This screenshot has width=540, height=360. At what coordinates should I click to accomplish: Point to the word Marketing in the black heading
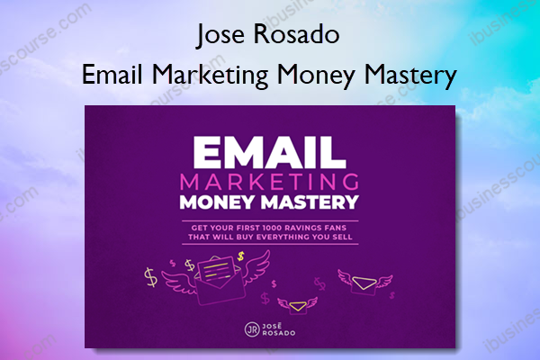click(211, 75)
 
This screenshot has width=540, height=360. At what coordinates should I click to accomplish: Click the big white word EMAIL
click(269, 153)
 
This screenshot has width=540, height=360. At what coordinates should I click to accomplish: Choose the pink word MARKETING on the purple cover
click(270, 182)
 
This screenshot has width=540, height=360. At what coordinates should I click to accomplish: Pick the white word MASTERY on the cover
click(310, 202)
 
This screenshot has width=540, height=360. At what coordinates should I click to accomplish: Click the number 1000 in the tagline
click(272, 228)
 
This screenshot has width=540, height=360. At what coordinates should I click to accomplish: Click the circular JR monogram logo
click(252, 329)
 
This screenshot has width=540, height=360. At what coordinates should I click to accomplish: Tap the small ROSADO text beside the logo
click(279, 333)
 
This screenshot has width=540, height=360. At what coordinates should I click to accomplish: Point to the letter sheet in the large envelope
click(217, 270)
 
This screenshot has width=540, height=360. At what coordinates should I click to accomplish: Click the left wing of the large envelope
click(178, 282)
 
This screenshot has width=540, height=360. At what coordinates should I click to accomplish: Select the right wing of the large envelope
click(256, 266)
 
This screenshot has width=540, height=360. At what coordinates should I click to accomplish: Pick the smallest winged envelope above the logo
click(298, 305)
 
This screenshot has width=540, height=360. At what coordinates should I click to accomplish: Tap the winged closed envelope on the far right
click(364, 283)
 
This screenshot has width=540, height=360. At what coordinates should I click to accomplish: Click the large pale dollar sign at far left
click(151, 277)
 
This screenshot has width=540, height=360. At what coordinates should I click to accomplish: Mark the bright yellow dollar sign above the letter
click(240, 256)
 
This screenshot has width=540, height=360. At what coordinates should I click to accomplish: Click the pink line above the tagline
click(270, 220)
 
